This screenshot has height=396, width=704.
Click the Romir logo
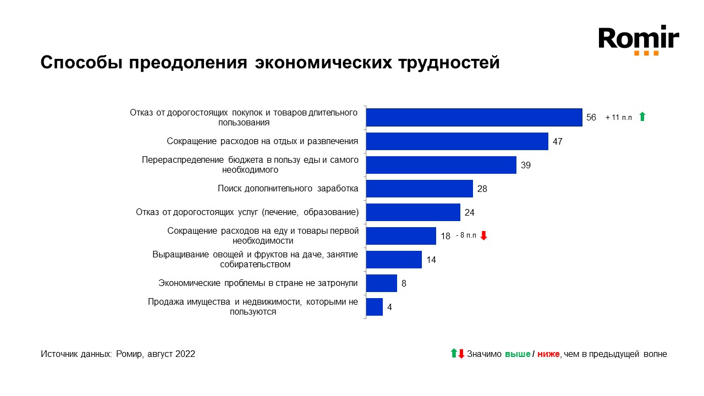[639, 40]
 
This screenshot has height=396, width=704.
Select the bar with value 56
[474, 117]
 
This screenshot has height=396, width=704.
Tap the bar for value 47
[457, 141]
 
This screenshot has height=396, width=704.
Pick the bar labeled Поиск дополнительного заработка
[419, 189]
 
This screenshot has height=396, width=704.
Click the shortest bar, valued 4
[374, 307]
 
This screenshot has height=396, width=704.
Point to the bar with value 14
[394, 260]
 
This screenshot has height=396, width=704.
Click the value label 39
[526, 165]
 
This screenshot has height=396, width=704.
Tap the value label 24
[469, 212]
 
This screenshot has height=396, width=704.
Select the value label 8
[404, 283]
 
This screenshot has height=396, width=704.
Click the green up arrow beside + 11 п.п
[642, 117]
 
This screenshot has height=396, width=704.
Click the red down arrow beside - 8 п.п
[484, 235]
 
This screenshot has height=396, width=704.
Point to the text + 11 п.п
[619, 118]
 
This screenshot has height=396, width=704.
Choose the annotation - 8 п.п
[466, 236]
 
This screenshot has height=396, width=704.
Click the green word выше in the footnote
[517, 354]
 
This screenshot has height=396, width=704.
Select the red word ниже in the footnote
[548, 354]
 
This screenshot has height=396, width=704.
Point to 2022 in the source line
[185, 354]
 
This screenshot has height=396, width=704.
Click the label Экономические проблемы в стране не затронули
[258, 283]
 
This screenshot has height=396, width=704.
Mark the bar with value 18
[401, 236]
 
